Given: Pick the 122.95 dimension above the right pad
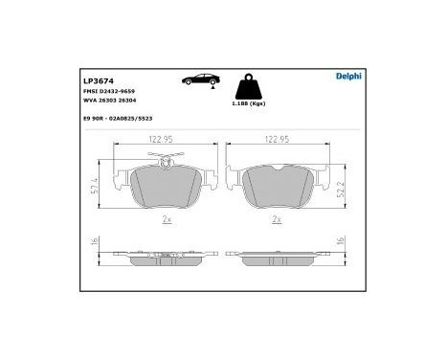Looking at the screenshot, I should click(279, 139).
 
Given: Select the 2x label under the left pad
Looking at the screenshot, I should click(167, 219).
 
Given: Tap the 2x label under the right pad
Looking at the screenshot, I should click(278, 219).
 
